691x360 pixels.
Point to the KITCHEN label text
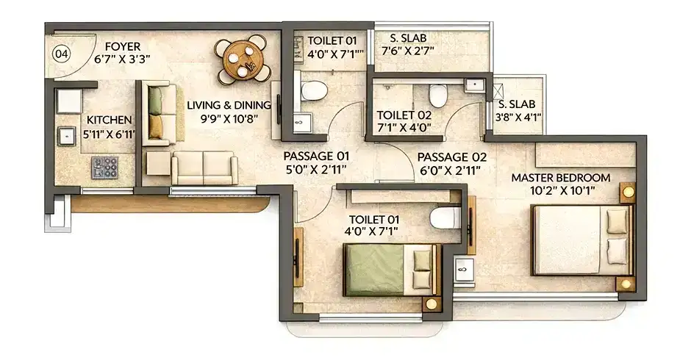(x=110, y=120)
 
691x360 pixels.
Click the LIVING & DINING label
(x=228, y=105)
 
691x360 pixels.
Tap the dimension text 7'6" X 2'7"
(x=408, y=51)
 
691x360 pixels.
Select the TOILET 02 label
(x=404, y=115)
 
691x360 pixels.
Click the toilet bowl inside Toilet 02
(x=437, y=95)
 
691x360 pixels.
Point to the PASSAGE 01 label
(x=316, y=156)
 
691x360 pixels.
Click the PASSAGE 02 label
(x=452, y=156)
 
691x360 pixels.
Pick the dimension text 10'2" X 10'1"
(x=561, y=192)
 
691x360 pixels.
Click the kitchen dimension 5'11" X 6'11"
(x=110, y=134)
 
